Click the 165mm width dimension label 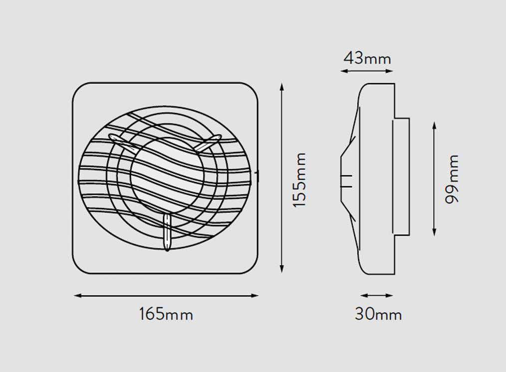click(x=166, y=314)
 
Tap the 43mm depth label click(x=367, y=58)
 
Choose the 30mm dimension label click(x=378, y=314)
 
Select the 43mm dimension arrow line click(x=367, y=71)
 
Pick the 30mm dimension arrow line click(x=377, y=295)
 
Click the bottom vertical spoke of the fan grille click(x=167, y=233)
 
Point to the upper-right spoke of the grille click(x=207, y=143)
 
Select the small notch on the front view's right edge click(x=257, y=175)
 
